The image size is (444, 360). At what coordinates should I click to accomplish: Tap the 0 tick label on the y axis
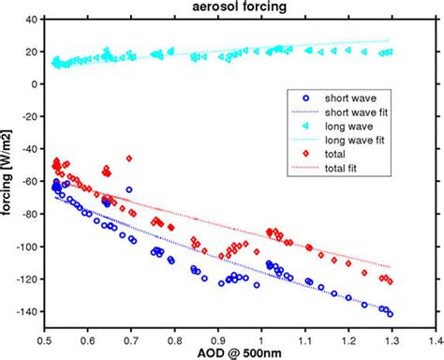[33, 83]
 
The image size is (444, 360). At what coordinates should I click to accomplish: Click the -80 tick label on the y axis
[27, 214]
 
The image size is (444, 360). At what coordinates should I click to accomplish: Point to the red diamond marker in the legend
[306, 156]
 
